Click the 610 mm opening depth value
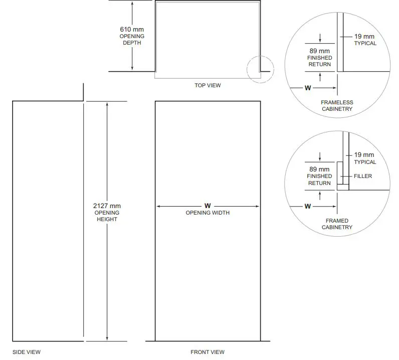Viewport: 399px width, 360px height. pyautogui.click(x=131, y=30)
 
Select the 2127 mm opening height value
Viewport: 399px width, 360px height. pyautogui.click(x=107, y=206)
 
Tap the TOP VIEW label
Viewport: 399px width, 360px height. pyautogui.click(x=208, y=85)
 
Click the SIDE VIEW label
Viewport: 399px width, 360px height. pyautogui.click(x=27, y=352)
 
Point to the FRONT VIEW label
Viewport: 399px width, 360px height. pyautogui.click(x=208, y=352)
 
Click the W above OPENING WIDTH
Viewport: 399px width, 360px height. pyautogui.click(x=208, y=206)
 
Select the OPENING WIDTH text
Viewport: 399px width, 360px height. pyautogui.click(x=208, y=213)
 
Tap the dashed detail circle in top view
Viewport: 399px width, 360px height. pyautogui.click(x=260, y=70)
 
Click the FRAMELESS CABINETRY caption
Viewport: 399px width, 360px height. pyautogui.click(x=337, y=106)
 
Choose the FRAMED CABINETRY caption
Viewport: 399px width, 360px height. pyautogui.click(x=337, y=224)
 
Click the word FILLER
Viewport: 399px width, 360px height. pyautogui.click(x=363, y=176)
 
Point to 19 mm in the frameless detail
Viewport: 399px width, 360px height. pyautogui.click(x=364, y=37)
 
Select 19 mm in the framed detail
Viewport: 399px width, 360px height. pyautogui.click(x=364, y=155)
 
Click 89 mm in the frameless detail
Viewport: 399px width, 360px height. pyautogui.click(x=319, y=51)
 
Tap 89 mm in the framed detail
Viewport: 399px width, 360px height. pyautogui.click(x=319, y=169)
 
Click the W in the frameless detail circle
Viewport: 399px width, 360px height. pyautogui.click(x=308, y=88)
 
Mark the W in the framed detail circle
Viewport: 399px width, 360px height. pyautogui.click(x=308, y=206)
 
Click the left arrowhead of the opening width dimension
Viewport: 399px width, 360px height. pyautogui.click(x=158, y=206)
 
